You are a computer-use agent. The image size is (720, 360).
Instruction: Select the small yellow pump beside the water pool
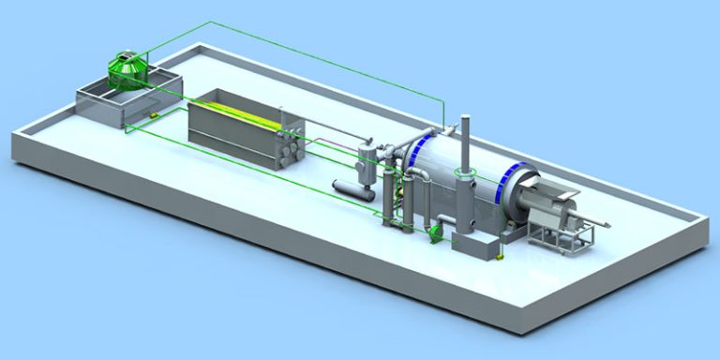149,115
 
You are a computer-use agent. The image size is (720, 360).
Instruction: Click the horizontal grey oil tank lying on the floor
348,188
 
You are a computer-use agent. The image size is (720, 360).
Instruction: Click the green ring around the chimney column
463,172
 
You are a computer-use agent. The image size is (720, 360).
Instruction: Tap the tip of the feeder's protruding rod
612,223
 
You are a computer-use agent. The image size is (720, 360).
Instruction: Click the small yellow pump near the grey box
503,250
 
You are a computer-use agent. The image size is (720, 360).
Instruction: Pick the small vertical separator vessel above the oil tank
367,156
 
